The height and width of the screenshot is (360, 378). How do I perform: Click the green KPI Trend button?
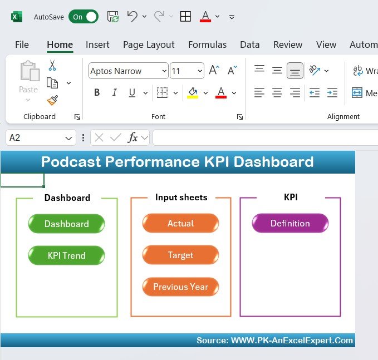(67, 255)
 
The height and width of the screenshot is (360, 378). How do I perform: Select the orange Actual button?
(180, 223)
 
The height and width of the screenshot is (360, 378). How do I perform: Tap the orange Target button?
(180, 255)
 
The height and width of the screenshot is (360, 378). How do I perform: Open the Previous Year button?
(180, 287)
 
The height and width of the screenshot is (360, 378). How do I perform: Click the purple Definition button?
(290, 223)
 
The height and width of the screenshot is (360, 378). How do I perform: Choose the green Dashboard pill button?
(67, 224)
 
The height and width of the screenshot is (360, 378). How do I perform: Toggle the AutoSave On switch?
(84, 17)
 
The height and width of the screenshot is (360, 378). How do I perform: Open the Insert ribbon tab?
(97, 45)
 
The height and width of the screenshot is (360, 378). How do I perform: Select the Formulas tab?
(207, 45)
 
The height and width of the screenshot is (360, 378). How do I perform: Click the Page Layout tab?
(149, 45)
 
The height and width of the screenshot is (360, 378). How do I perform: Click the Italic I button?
(115, 92)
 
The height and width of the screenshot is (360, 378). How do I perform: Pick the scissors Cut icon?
(52, 65)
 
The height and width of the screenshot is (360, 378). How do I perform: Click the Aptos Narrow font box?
(128, 71)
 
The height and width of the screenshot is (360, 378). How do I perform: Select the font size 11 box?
(187, 71)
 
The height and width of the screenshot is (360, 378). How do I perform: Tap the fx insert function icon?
(132, 137)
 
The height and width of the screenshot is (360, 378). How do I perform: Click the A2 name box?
(41, 137)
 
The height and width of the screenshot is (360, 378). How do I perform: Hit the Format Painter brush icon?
(52, 100)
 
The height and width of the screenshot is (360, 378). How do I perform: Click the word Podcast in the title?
(71, 161)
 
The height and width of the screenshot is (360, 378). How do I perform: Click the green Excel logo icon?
(17, 17)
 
